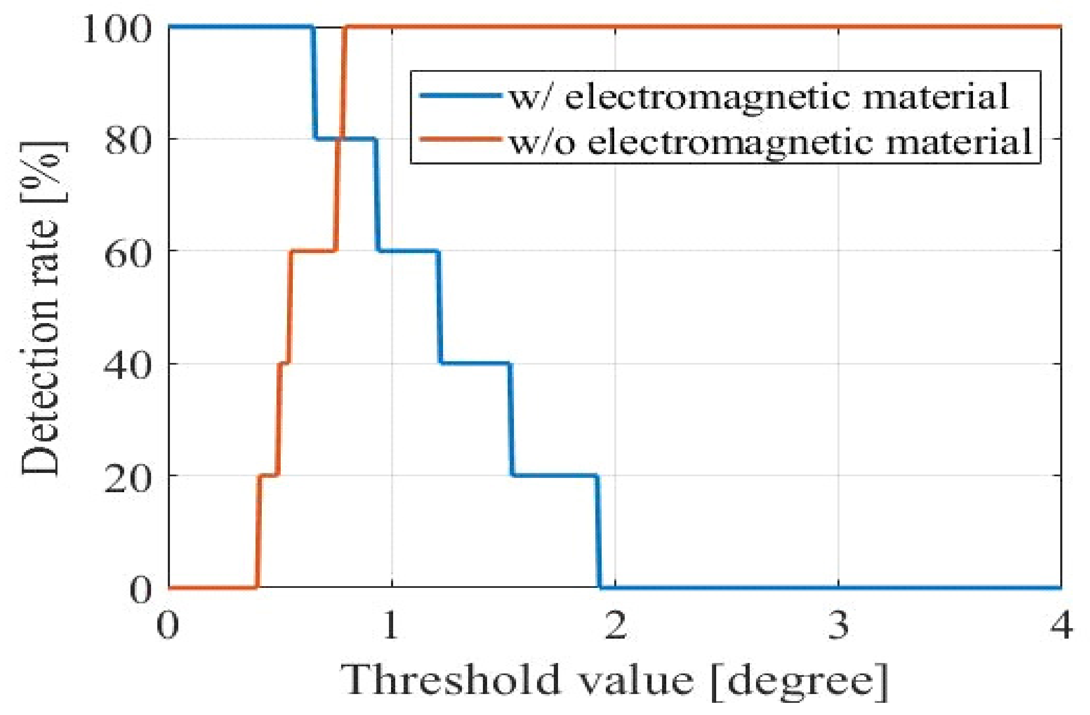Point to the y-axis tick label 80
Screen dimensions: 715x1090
(127, 140)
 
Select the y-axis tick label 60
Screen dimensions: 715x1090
(127, 251)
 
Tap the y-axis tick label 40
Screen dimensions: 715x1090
(127, 364)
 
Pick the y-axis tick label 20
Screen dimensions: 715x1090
(127, 476)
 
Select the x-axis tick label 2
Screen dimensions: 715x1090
(615, 625)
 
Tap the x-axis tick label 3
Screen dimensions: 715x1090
(839, 625)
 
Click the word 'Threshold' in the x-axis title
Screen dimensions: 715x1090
(451, 679)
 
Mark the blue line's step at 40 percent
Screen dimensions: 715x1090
(475, 364)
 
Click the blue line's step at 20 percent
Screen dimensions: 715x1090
(555, 475)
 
